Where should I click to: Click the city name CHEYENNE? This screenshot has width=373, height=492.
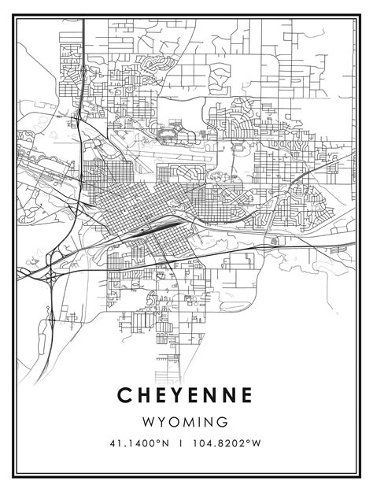click(186, 394)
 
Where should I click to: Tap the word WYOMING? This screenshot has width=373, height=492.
click(186, 422)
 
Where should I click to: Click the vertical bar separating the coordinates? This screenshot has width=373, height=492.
click(182, 444)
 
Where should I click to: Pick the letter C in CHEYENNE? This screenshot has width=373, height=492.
click(124, 394)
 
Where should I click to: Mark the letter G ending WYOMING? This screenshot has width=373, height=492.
click(223, 422)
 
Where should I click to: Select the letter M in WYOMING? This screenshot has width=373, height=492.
click(189, 422)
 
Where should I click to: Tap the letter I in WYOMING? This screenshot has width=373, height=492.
click(201, 422)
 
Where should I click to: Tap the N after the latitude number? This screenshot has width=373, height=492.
click(165, 444)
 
